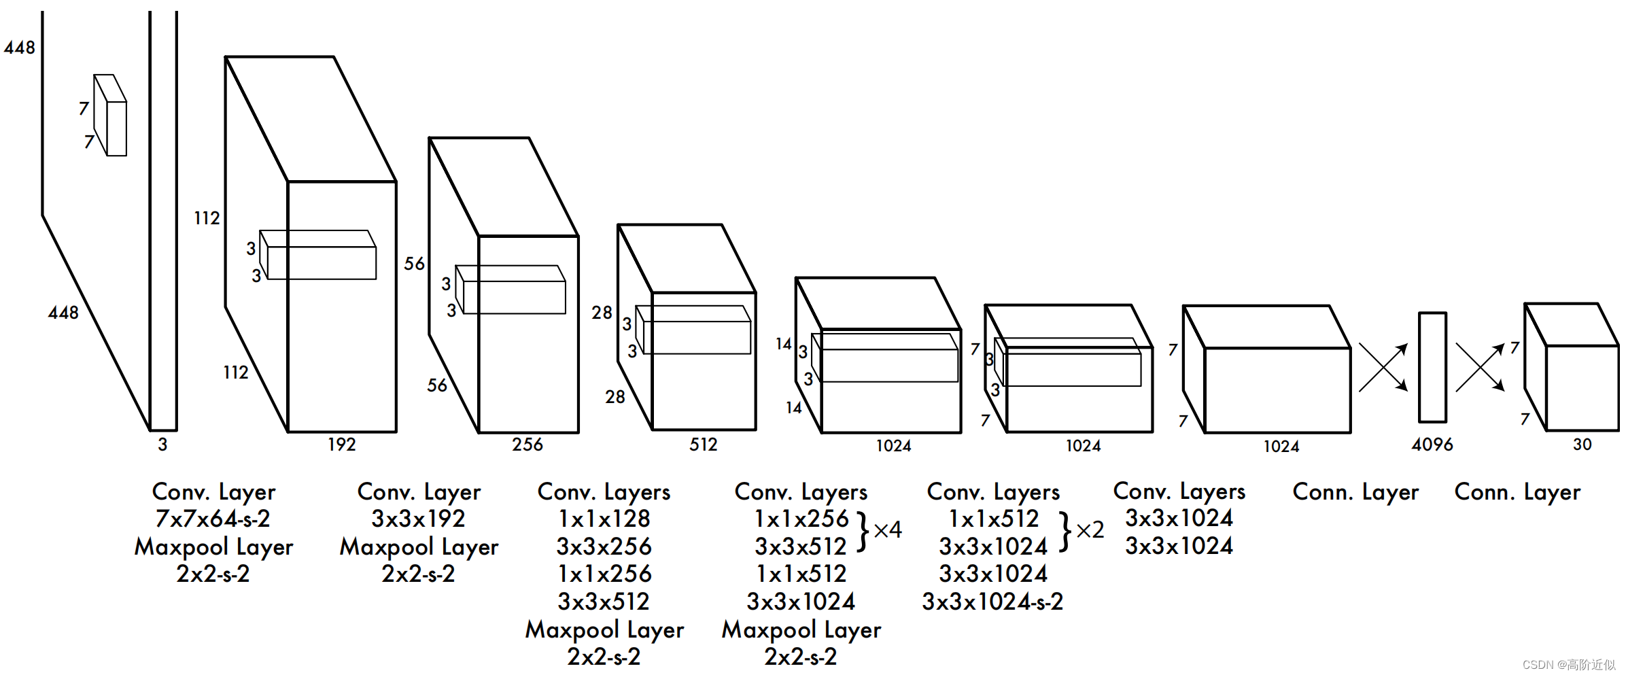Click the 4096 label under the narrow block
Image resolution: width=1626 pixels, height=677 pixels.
pyautogui.click(x=1432, y=445)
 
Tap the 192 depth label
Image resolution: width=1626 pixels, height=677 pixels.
pyautogui.click(x=341, y=445)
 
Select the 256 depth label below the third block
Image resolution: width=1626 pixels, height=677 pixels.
pyautogui.click(x=527, y=445)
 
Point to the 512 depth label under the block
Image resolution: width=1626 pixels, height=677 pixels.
pyautogui.click(x=704, y=445)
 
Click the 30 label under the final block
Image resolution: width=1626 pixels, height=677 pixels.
pyautogui.click(x=1582, y=445)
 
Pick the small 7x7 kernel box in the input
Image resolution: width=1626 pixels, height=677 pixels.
pyautogui.click(x=110, y=115)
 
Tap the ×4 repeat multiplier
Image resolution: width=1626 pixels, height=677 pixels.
pyautogui.click(x=888, y=530)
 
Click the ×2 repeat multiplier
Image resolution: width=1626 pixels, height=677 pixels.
pyautogui.click(x=1090, y=530)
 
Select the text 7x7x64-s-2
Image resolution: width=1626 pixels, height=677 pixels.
pyautogui.click(x=213, y=519)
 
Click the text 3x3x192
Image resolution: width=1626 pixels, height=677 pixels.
pyautogui.click(x=418, y=519)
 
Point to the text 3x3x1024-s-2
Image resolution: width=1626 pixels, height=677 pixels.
pyautogui.click(x=992, y=602)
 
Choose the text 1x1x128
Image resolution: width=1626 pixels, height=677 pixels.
pyautogui.click(x=604, y=519)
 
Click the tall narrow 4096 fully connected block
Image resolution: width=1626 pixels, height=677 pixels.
pyautogui.click(x=1432, y=367)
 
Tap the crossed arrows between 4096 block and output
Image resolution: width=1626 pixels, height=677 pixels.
pyautogui.click(x=1480, y=368)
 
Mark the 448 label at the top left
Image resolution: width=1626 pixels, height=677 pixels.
pyautogui.click(x=19, y=48)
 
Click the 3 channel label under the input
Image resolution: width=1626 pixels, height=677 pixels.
pyautogui.click(x=162, y=445)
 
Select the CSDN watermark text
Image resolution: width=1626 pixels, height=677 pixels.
pyautogui.click(x=1569, y=665)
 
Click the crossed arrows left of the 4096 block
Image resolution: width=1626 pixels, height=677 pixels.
pyautogui.click(x=1383, y=368)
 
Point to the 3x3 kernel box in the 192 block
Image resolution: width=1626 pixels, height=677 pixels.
pyautogui.click(x=318, y=255)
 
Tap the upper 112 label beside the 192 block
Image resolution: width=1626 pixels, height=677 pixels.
pyautogui.click(x=207, y=218)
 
